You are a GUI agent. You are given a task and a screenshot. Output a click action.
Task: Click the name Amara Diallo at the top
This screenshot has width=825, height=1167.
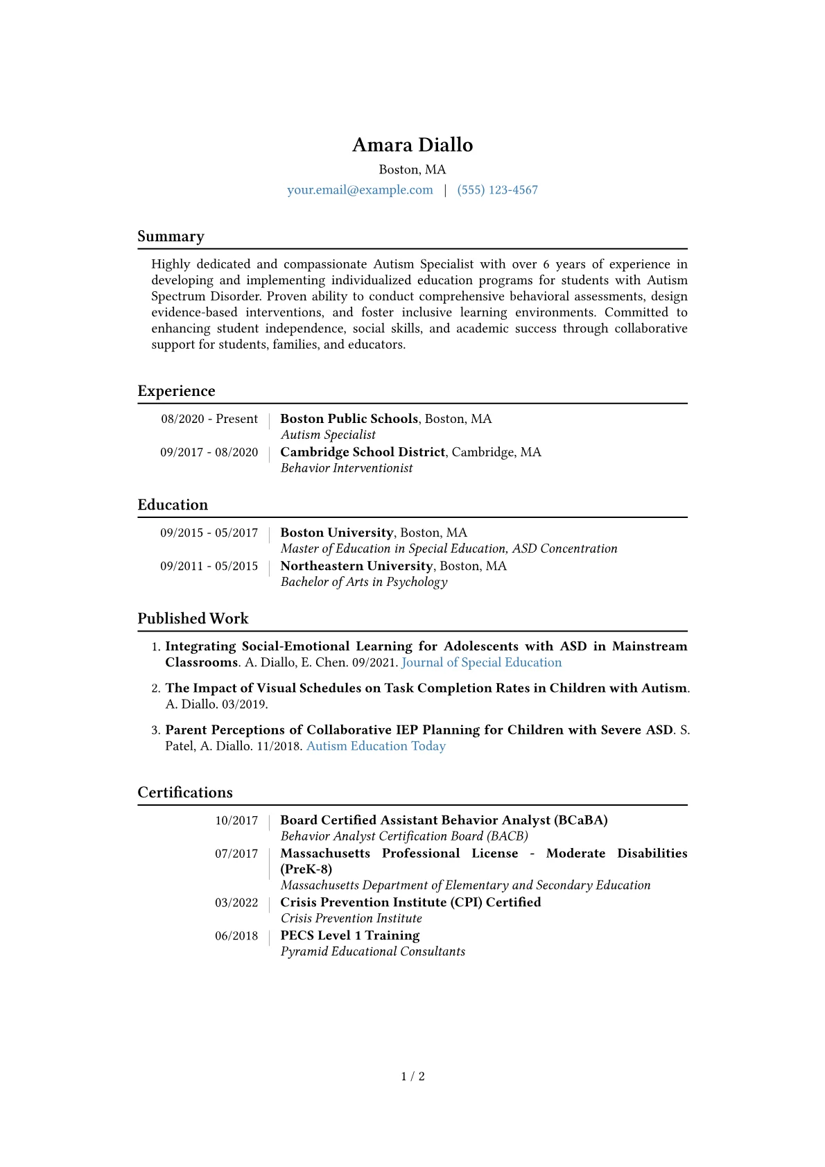[x=412, y=145]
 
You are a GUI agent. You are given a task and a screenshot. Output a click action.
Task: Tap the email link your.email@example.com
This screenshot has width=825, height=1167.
[x=360, y=190]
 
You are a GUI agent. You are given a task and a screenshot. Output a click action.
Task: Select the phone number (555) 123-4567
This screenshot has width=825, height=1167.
[x=497, y=190]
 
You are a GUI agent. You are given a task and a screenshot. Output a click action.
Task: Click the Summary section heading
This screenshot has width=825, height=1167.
[x=171, y=236]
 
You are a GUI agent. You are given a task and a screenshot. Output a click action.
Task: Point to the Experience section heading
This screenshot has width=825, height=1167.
[x=176, y=391]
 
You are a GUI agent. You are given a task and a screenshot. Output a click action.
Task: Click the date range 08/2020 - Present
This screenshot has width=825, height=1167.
[x=209, y=419]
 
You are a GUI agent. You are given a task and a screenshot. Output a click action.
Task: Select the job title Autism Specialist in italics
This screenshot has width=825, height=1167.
[x=328, y=435]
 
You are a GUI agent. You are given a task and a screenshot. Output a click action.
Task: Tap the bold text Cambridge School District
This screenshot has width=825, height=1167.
[x=363, y=452]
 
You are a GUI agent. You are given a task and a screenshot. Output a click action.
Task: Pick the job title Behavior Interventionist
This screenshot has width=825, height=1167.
[x=347, y=468]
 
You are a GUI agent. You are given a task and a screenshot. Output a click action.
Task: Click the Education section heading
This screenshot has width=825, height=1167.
[x=173, y=505]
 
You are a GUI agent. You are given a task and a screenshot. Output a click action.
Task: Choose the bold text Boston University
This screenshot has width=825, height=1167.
[x=337, y=533]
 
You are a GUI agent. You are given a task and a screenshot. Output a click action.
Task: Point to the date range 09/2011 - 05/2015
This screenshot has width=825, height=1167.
[x=209, y=566]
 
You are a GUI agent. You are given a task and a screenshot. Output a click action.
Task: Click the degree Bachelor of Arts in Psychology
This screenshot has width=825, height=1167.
[x=364, y=582]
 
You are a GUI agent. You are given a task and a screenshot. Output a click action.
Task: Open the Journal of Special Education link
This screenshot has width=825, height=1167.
[x=482, y=662]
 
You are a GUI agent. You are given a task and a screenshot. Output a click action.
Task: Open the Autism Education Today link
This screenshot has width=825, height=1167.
[x=376, y=746]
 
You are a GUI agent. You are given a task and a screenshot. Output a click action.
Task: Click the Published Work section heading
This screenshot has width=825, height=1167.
[x=193, y=619]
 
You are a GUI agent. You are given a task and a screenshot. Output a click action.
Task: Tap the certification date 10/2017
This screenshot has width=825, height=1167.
[x=236, y=820]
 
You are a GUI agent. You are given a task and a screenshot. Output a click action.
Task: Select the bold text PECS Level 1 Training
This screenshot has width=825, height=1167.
[x=350, y=935]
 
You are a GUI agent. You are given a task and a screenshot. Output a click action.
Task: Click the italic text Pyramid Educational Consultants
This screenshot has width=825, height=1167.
[x=373, y=951]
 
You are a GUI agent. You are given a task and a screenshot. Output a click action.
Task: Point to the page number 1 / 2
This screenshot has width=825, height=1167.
[x=412, y=1076]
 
